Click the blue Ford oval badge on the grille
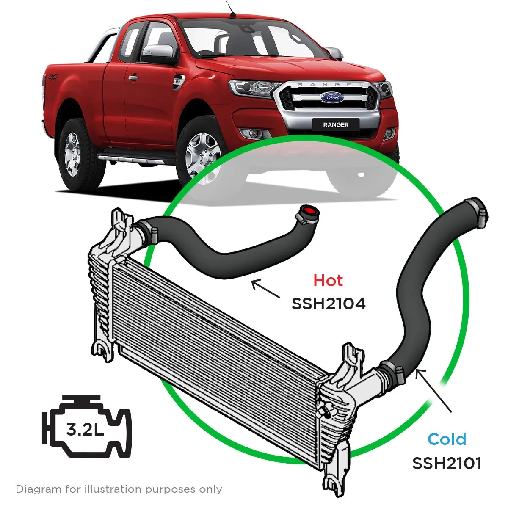[332, 97]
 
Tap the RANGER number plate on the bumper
[336, 125]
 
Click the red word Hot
[328, 281]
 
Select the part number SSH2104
[329, 304]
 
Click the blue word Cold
[447, 439]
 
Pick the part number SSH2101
[447, 463]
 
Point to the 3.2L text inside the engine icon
[85, 430]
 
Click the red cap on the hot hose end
[309, 211]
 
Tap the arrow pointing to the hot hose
[265, 289]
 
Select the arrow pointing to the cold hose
[433, 390]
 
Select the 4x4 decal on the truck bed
[52, 77]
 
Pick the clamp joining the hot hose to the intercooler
[147, 229]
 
